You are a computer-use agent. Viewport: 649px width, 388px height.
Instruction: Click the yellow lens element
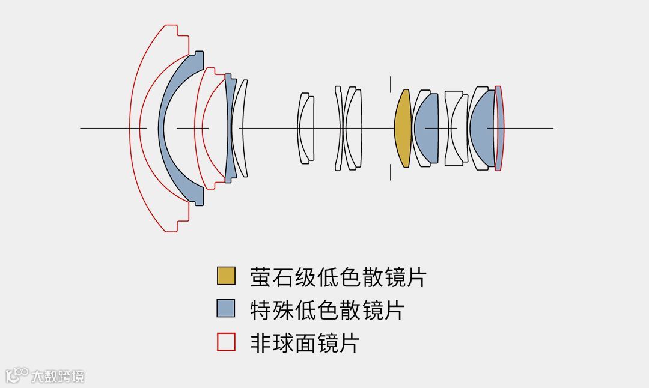tap(403, 129)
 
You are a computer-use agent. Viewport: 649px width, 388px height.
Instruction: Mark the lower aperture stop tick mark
tap(391, 172)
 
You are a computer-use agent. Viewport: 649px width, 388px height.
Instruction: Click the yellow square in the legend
tap(226, 276)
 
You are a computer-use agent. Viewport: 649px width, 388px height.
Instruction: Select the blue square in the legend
tap(226, 309)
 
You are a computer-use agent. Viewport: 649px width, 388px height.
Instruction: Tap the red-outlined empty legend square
tap(226, 342)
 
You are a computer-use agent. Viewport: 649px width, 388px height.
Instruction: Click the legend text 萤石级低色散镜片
tap(338, 277)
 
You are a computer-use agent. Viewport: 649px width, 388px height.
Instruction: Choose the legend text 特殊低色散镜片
tap(327, 310)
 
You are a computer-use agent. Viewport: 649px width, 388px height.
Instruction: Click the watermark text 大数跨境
tap(58, 377)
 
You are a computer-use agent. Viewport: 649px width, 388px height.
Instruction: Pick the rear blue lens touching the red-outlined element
tap(483, 128)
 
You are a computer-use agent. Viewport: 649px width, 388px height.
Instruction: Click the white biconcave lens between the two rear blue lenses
tap(456, 129)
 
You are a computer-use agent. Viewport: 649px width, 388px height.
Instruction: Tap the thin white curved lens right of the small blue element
tap(242, 128)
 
